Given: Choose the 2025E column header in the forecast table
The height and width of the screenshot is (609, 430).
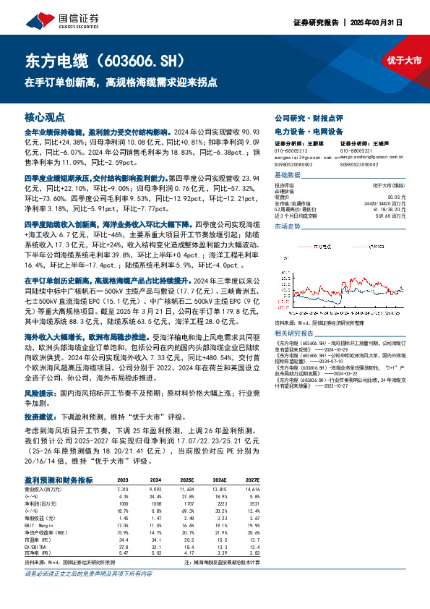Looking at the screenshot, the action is (187, 480).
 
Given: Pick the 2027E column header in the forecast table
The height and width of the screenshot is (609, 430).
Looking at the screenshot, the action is (251, 480).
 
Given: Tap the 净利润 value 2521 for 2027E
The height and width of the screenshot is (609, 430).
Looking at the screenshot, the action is (252, 503).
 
